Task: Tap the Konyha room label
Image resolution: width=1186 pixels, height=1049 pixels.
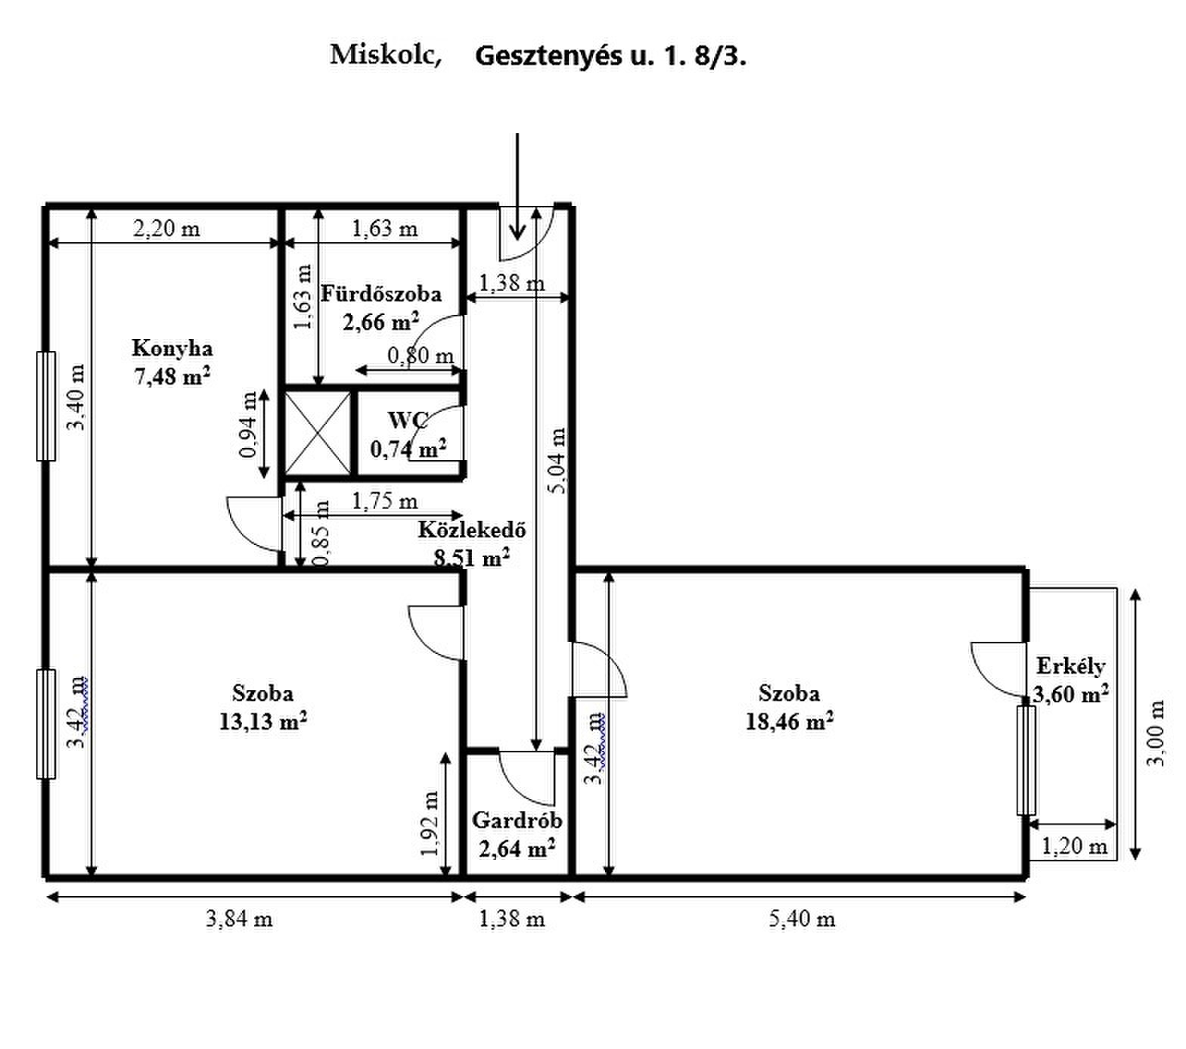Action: [x=172, y=349]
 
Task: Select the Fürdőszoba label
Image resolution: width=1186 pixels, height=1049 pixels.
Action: [x=381, y=294]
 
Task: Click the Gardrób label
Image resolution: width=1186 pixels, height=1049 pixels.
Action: [x=517, y=820]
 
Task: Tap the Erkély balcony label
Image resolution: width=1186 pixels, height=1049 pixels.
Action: [x=1070, y=666]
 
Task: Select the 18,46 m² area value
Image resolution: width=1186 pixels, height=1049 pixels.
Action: [x=790, y=721]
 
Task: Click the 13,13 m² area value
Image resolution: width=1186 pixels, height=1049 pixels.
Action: [x=263, y=721]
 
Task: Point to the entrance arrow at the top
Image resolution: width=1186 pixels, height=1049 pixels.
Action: [x=517, y=186]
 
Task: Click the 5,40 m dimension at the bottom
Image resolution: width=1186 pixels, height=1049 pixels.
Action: [x=803, y=919]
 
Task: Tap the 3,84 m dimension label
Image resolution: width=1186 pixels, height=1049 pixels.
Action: [x=239, y=919]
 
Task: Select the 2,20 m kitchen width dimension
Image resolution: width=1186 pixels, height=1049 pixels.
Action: [x=166, y=228]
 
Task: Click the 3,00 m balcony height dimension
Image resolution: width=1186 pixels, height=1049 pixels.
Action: [x=1157, y=732]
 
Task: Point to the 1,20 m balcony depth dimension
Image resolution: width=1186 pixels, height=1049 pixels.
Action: [x=1074, y=845]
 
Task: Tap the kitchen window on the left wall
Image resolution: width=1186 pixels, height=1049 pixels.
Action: [x=46, y=406]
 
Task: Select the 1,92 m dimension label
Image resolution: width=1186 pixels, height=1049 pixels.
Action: [x=430, y=823]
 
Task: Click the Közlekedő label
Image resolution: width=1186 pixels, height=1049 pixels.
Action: [x=472, y=530]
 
